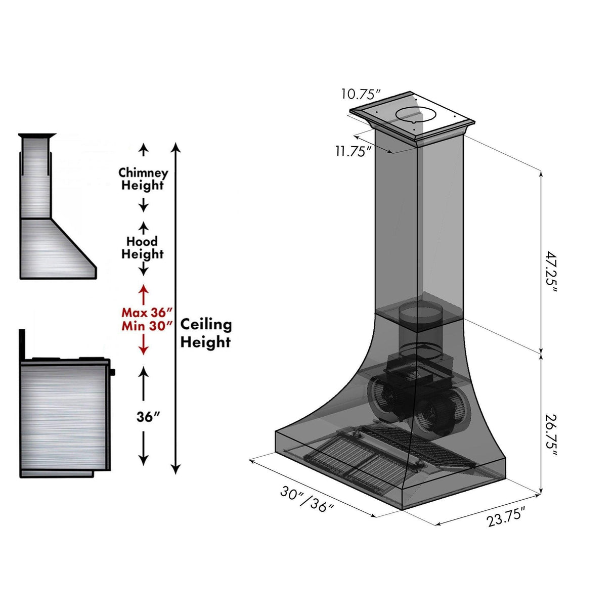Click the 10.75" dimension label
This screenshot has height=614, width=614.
[360, 94]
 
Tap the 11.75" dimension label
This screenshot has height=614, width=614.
[354, 151]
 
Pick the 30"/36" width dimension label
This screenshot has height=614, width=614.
[307, 499]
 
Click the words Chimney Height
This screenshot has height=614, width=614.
[143, 179]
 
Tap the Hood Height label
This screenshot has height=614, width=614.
[143, 247]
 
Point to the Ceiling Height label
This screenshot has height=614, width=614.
[206, 333]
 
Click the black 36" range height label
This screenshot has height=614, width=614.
[148, 417]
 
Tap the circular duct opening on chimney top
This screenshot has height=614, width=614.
[415, 115]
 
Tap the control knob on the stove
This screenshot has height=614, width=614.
[112, 372]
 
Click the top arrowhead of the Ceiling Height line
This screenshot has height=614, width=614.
[176, 147]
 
